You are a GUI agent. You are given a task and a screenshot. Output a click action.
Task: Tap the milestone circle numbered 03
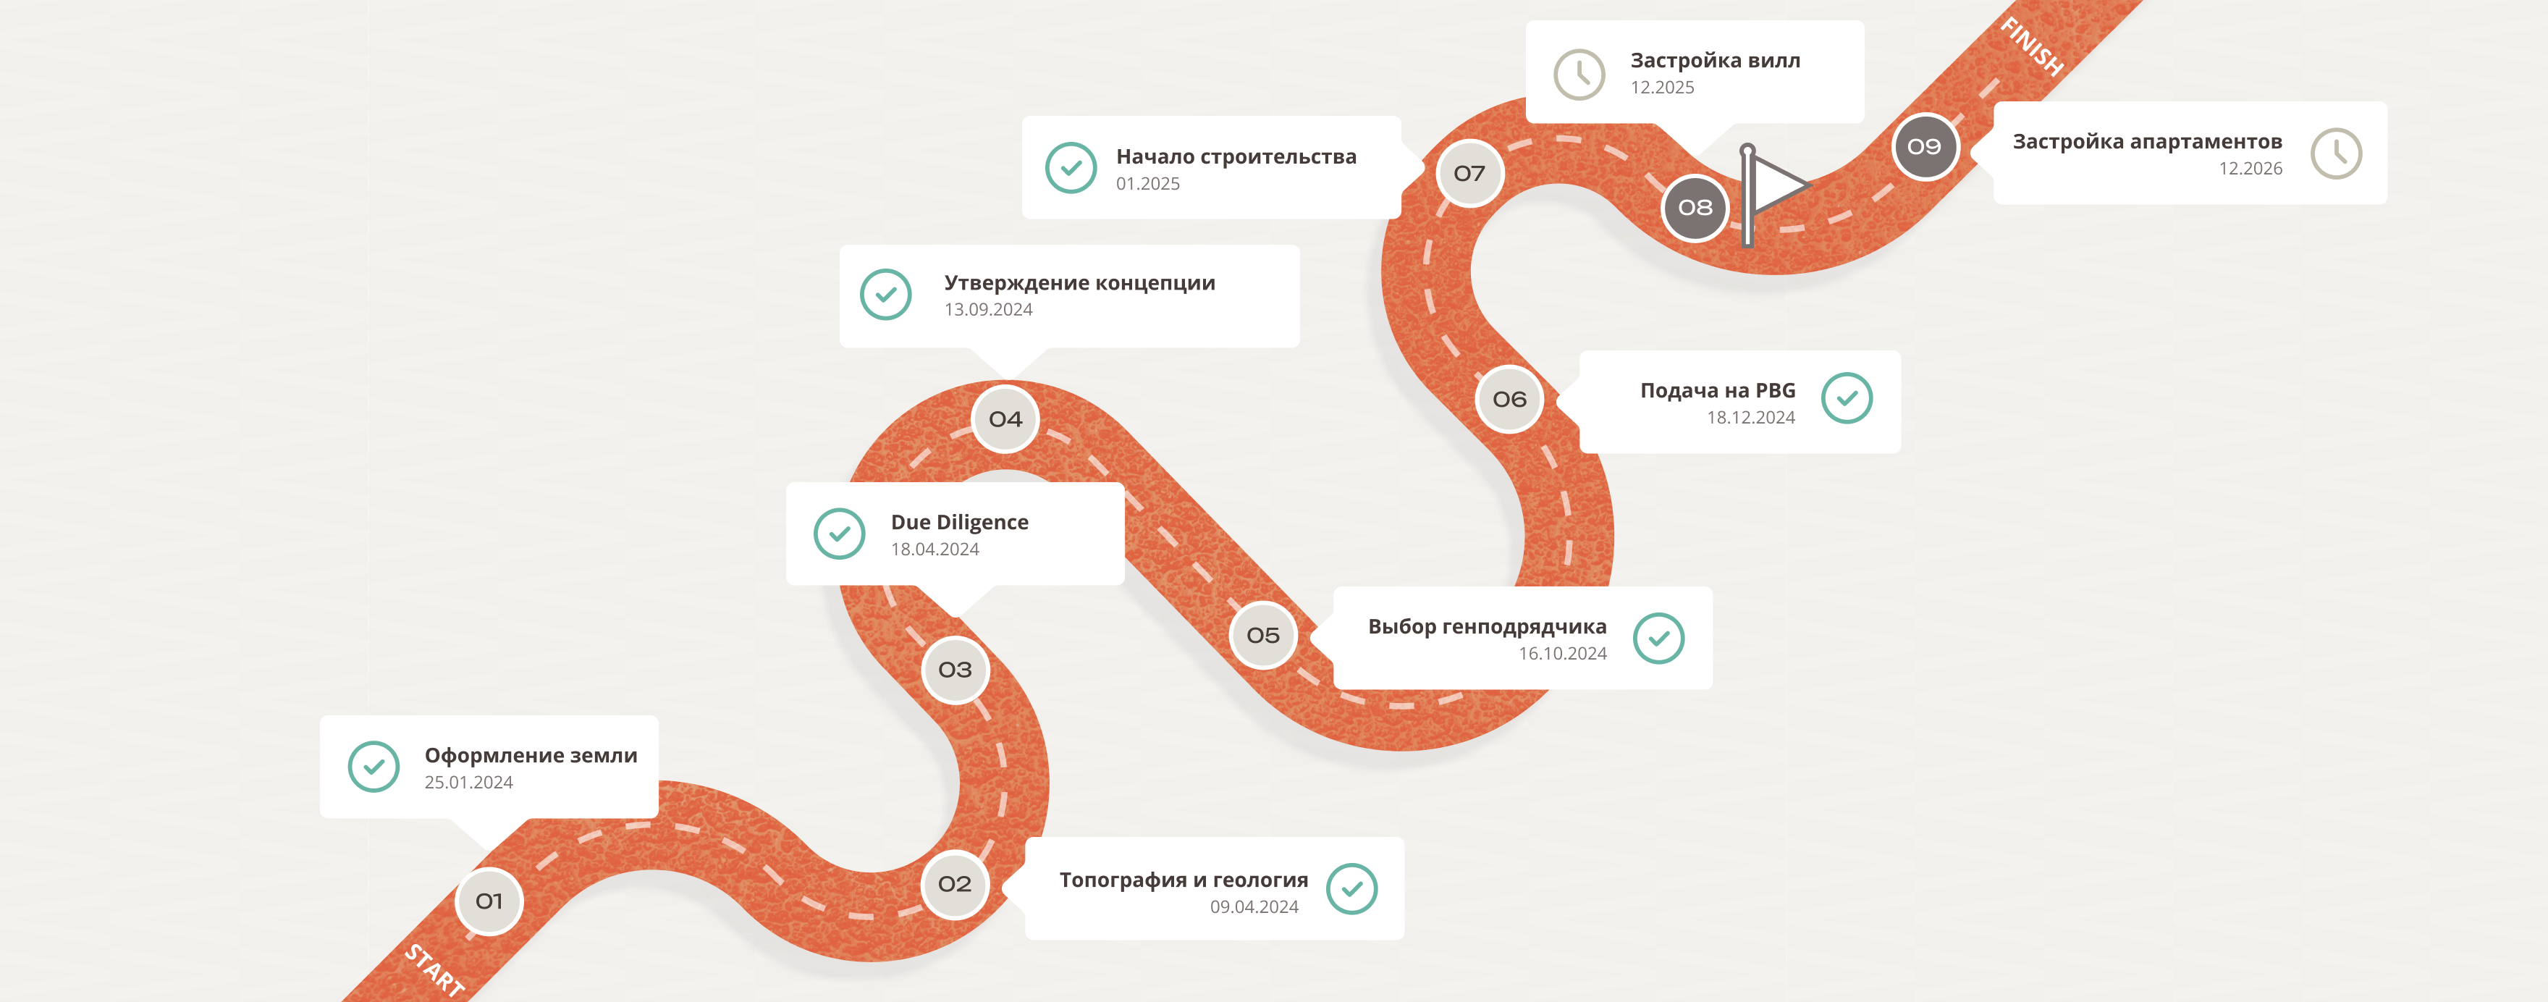[955, 670]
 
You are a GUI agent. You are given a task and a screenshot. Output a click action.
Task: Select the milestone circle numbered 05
[1263, 635]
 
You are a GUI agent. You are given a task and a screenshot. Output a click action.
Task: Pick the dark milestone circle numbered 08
[1695, 208]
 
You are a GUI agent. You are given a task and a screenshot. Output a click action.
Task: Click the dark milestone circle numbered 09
[1924, 146]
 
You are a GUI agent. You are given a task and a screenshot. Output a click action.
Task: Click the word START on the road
[435, 970]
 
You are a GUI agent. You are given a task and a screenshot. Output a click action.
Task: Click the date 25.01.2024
[469, 783]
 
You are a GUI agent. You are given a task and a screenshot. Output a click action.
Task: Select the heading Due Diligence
[959, 522]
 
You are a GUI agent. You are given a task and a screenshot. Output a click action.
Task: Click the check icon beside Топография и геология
[1351, 888]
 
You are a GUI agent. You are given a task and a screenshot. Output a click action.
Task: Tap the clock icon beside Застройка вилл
[1579, 74]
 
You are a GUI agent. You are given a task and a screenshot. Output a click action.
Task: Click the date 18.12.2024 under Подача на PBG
[1751, 418]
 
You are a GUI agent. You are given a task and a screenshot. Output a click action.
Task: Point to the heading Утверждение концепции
[1080, 284]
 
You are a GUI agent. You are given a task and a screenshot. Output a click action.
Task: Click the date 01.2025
[1147, 184]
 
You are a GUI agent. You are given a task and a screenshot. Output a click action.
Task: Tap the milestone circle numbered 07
[1470, 173]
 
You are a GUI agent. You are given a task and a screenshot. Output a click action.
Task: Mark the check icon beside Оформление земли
[374, 767]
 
